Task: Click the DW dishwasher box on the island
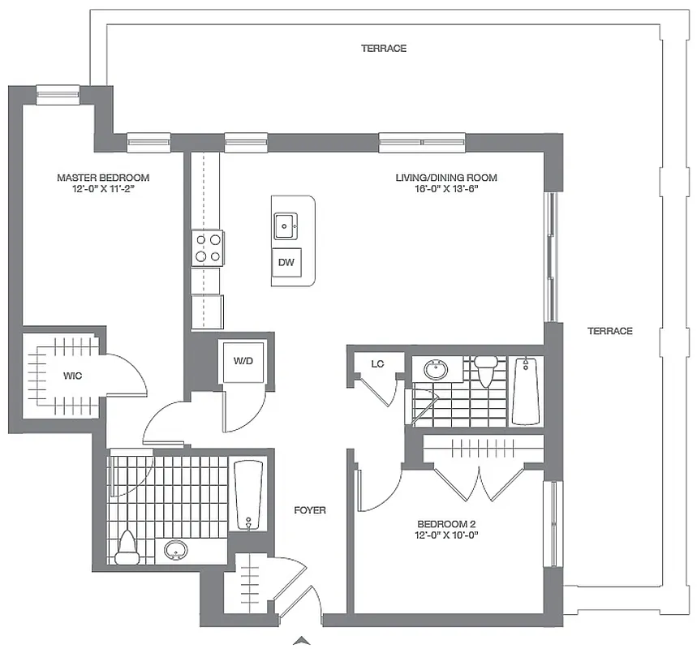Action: pos(286,262)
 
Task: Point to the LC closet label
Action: pos(377,363)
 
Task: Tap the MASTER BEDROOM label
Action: pos(103,178)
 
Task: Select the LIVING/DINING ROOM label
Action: pos(445,178)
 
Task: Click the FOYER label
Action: pos(310,510)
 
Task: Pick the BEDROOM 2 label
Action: pos(446,523)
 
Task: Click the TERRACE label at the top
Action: pos(384,49)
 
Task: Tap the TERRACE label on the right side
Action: pos(609,331)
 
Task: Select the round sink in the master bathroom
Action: pos(176,552)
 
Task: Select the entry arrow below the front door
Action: pos(303,642)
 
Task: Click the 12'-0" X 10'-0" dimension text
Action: pos(446,535)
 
